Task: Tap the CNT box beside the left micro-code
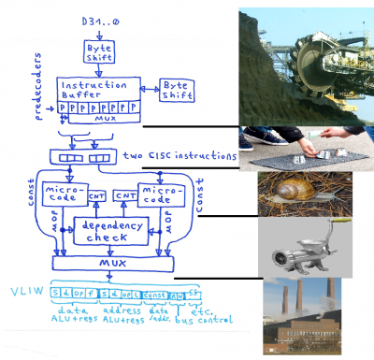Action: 94,198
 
